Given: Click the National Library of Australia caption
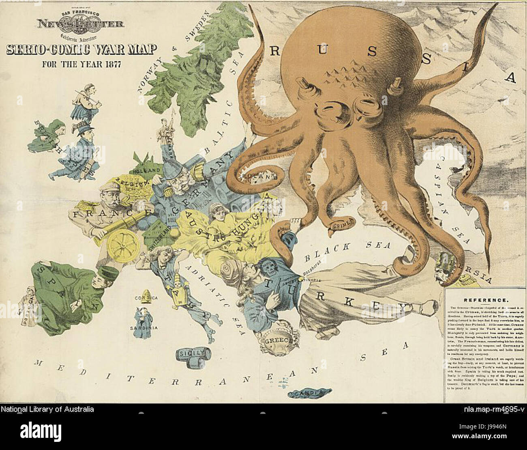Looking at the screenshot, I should click(47, 409).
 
